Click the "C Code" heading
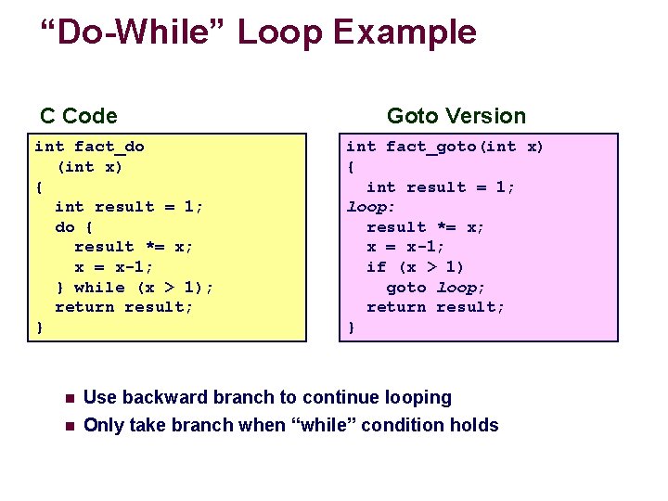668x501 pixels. click(79, 116)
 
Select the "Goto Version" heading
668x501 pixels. click(456, 116)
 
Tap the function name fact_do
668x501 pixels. click(109, 147)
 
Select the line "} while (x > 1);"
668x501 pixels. click(135, 287)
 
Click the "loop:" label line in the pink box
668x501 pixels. click(371, 207)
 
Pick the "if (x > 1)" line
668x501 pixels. click(416, 267)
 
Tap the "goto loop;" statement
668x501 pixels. click(436, 288)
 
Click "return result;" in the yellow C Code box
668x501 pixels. click(124, 307)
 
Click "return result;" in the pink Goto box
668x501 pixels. click(436, 307)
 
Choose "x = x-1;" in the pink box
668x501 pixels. click(405, 247)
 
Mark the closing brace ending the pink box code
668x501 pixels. click(351, 328)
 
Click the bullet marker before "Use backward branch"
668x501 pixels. click(70, 399)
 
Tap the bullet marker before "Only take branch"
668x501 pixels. click(70, 427)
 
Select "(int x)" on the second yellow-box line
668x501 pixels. click(90, 167)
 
